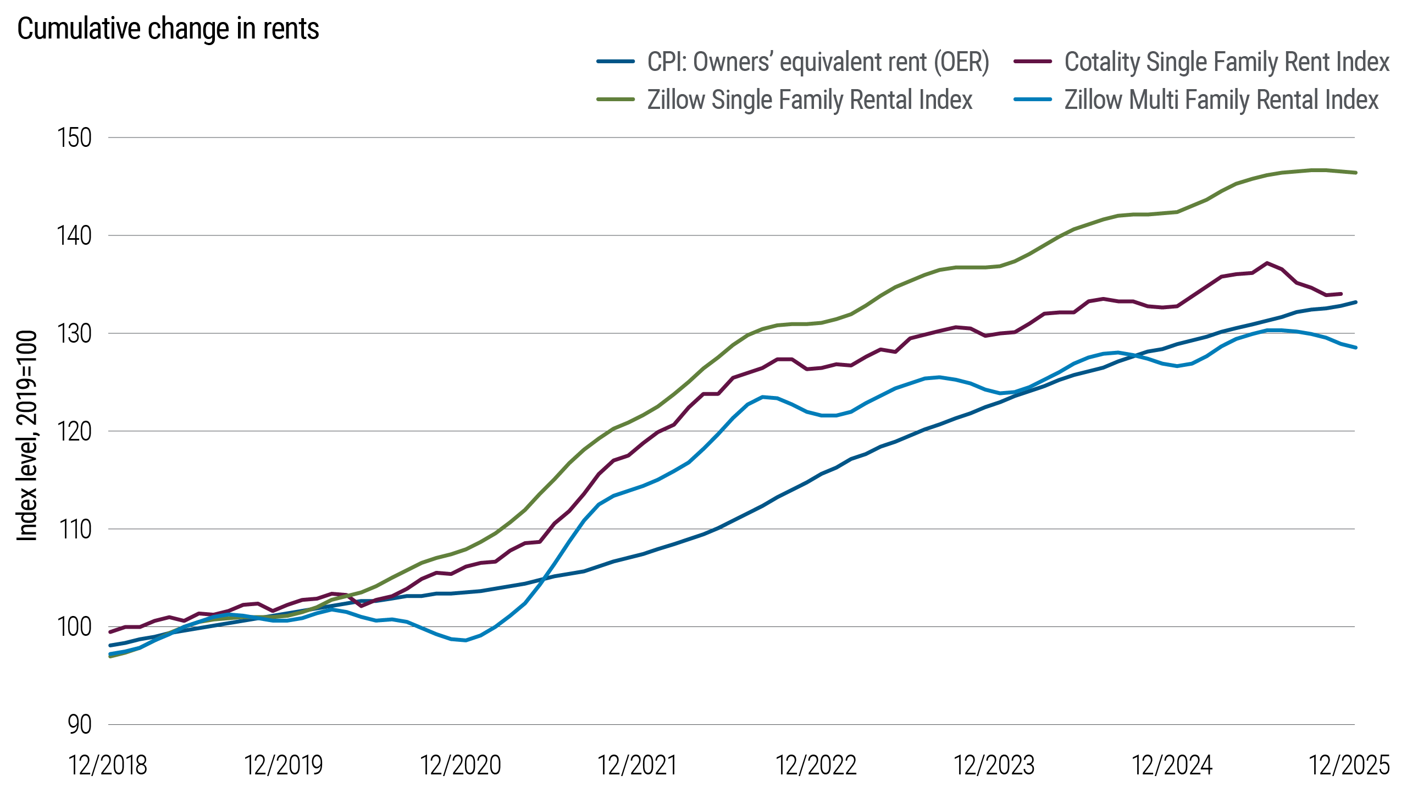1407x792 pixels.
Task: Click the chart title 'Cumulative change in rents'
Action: [168, 29]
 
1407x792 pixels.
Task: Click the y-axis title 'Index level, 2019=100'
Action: [26, 436]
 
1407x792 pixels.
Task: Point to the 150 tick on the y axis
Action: [74, 137]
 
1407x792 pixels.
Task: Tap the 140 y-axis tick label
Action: [74, 236]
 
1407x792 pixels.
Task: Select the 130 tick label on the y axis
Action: [74, 334]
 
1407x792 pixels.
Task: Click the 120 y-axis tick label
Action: [74, 432]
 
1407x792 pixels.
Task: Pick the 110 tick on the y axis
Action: [74, 530]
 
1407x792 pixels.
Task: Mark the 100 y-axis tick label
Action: [74, 627]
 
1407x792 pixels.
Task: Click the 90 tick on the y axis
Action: [80, 725]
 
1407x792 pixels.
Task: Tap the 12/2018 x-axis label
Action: [108, 765]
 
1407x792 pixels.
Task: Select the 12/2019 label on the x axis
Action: [284, 765]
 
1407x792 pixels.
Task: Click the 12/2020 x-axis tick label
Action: [461, 765]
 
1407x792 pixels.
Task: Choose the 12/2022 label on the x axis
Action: [816, 765]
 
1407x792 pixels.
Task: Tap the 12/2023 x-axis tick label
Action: [994, 765]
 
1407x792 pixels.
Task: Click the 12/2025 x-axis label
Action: [1350, 765]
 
